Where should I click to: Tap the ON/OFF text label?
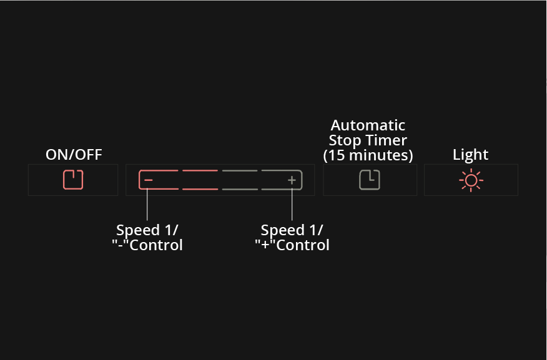pyautogui.click(x=74, y=155)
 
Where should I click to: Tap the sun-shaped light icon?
pyautogui.click(x=471, y=180)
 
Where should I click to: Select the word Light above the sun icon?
pyautogui.click(x=470, y=155)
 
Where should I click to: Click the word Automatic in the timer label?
pyautogui.click(x=368, y=125)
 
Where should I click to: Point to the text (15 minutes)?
pyautogui.click(x=368, y=155)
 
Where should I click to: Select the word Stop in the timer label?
pyautogui.click(x=345, y=140)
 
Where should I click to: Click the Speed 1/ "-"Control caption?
pyautogui.click(x=147, y=238)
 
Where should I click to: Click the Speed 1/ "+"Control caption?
pyautogui.click(x=292, y=238)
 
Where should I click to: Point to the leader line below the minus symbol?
pyautogui.click(x=147, y=204)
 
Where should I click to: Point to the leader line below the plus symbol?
pyautogui.click(x=292, y=204)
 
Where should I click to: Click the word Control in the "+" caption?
pyautogui.click(x=303, y=245)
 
